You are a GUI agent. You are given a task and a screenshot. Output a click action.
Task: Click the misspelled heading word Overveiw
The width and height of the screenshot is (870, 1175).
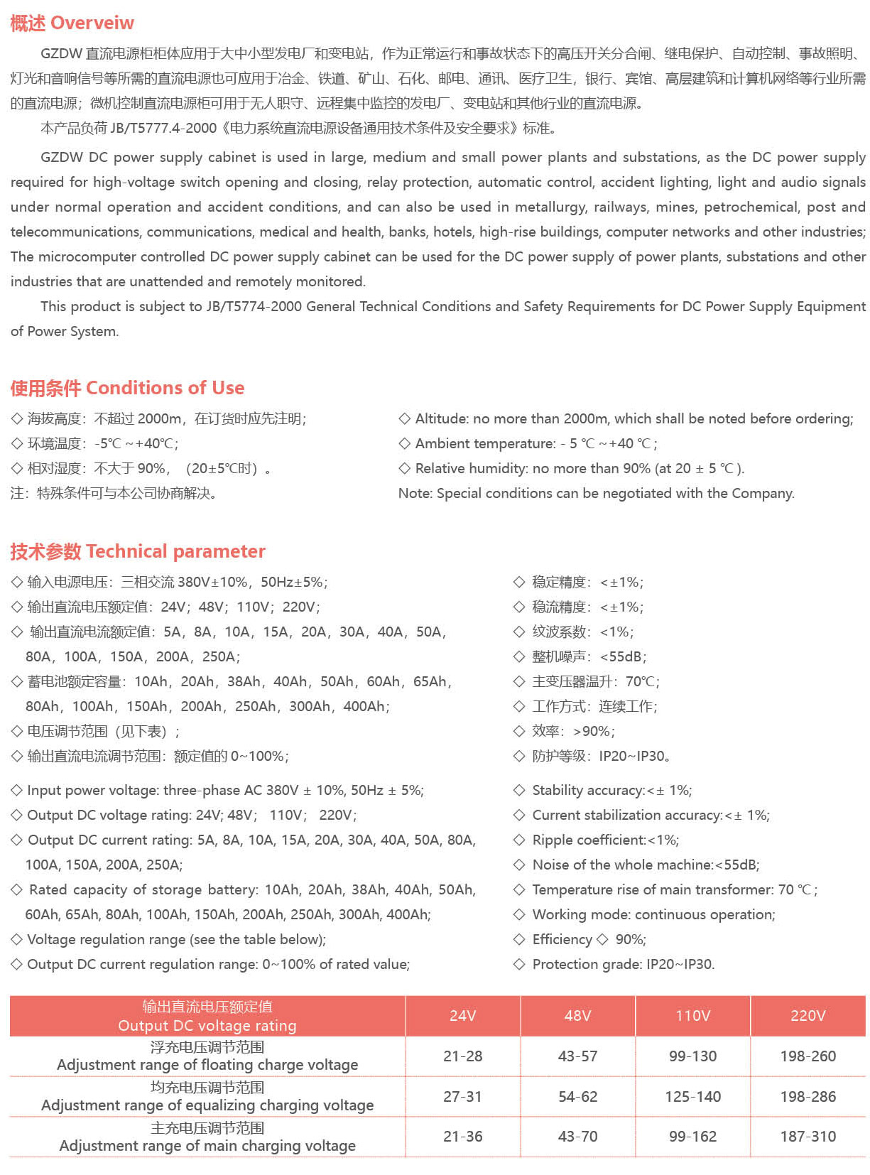(92, 23)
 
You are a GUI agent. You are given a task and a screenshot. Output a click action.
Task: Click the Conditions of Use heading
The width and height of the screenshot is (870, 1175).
(165, 388)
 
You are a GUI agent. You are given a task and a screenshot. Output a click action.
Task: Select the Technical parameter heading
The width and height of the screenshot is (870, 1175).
(175, 551)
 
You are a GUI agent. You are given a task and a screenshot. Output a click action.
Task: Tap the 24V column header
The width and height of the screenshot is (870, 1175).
(462, 1016)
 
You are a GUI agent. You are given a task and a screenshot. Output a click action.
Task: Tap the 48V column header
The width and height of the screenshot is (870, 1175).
(577, 1016)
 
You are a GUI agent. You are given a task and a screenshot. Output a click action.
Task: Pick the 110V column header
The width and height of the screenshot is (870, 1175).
(692, 1016)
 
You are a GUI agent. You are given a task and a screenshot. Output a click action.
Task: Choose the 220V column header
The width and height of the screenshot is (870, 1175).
(808, 1016)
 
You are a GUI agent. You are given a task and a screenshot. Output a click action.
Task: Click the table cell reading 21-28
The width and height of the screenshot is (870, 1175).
(462, 1056)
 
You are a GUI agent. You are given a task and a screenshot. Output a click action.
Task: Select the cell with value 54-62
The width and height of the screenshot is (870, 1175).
(577, 1097)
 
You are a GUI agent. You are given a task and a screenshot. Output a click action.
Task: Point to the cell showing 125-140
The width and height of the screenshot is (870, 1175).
(692, 1097)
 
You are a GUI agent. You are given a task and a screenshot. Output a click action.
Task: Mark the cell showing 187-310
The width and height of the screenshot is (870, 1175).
(808, 1137)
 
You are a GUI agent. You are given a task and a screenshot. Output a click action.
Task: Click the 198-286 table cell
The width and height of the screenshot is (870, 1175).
(808, 1097)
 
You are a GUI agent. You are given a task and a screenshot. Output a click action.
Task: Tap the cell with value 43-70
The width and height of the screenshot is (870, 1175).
(577, 1137)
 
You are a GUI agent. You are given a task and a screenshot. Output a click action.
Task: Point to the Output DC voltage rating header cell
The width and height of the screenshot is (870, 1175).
(207, 1017)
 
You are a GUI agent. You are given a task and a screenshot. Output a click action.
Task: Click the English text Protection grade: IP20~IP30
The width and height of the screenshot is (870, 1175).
(623, 964)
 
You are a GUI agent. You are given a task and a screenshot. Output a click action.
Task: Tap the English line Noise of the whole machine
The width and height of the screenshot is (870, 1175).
(646, 865)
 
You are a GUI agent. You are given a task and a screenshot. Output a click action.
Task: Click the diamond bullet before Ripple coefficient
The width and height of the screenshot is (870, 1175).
(519, 840)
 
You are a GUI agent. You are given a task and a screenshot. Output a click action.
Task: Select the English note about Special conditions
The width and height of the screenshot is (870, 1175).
(596, 493)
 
